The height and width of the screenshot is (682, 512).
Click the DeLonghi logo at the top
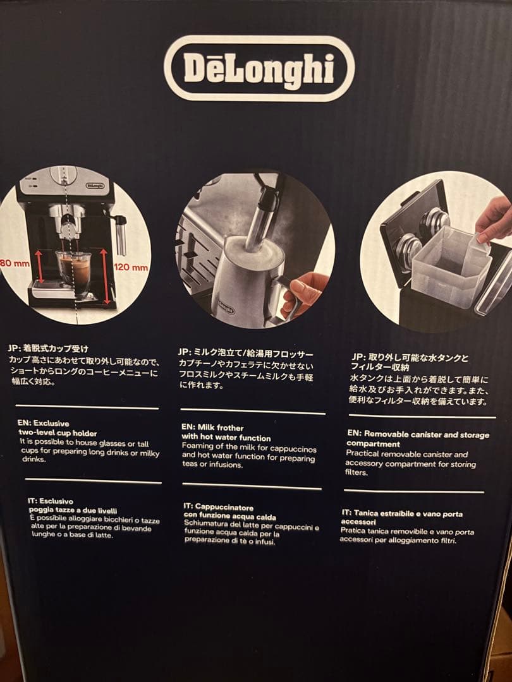coord(259,68)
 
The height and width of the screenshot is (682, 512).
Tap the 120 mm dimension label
coord(131,267)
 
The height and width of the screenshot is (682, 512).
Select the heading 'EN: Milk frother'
coord(212,428)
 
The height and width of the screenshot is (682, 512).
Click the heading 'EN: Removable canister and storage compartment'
coord(417,439)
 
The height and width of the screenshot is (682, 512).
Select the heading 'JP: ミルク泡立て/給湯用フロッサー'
coord(245,352)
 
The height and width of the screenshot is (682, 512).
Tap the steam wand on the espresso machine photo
coord(121,234)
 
